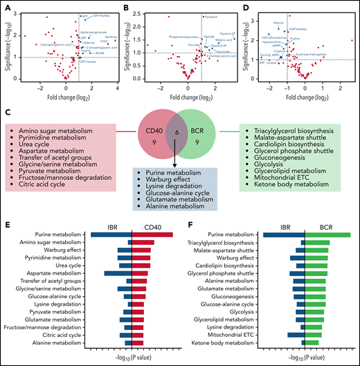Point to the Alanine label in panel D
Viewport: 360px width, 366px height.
click(279, 23)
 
